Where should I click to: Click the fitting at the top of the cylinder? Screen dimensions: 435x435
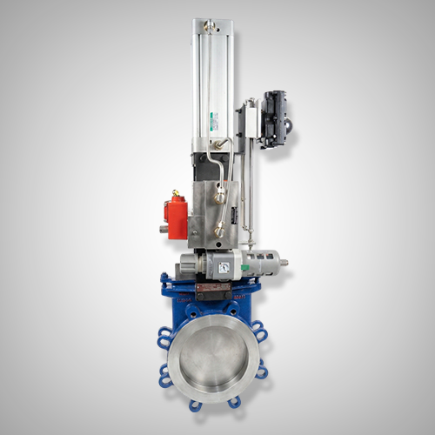pos(208,27)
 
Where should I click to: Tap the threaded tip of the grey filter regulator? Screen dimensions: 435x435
pos(283,258)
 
